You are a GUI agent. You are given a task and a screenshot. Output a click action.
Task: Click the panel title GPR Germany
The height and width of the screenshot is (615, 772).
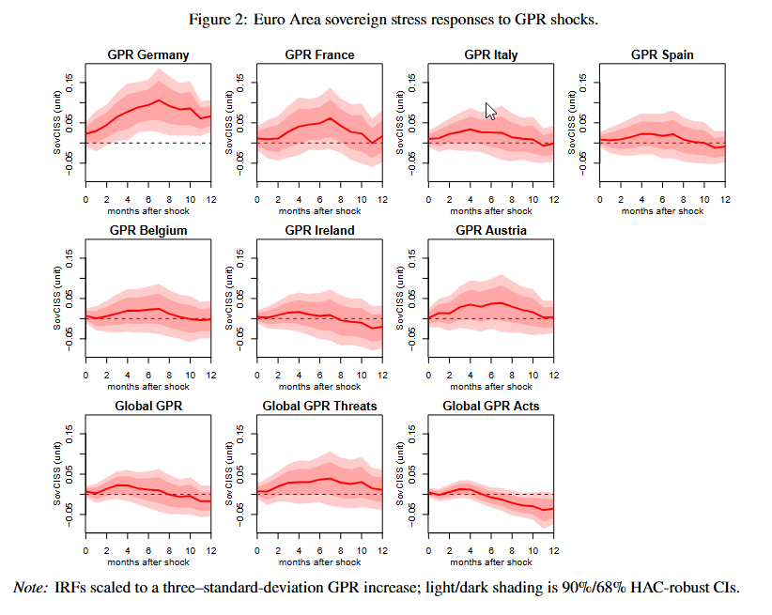pyautogui.click(x=148, y=54)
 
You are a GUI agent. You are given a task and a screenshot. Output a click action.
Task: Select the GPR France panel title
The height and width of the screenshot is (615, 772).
pyautogui.click(x=319, y=54)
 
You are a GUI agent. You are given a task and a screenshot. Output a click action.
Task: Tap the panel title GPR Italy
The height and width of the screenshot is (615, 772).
pyautogui.click(x=490, y=54)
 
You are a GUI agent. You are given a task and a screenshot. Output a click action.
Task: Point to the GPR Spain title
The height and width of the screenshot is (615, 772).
pyautogui.click(x=662, y=54)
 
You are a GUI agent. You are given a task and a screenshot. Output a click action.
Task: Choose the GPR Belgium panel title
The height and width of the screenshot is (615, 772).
pyautogui.click(x=148, y=230)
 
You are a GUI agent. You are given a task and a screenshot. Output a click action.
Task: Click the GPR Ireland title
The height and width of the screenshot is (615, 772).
pyautogui.click(x=319, y=230)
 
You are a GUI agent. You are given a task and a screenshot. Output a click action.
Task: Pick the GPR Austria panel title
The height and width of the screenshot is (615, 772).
pyautogui.click(x=490, y=230)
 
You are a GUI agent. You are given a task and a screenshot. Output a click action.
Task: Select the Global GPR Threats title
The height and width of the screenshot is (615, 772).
pyautogui.click(x=319, y=406)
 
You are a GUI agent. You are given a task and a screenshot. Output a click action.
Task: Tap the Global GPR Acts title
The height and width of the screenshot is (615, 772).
pyautogui.click(x=490, y=406)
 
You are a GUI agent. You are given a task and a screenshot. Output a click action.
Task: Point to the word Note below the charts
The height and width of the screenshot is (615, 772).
pyautogui.click(x=30, y=588)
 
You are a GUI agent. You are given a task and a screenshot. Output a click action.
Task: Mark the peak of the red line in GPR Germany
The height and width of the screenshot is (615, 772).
pyautogui.click(x=160, y=100)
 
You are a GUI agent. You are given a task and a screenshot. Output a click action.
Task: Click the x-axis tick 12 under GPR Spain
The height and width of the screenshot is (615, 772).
pyautogui.click(x=725, y=199)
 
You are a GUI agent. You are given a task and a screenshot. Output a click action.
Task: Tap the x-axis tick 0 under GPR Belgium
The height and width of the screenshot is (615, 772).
pyautogui.click(x=85, y=375)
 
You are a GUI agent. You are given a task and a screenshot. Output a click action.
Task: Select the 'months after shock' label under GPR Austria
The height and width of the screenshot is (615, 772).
pyautogui.click(x=490, y=386)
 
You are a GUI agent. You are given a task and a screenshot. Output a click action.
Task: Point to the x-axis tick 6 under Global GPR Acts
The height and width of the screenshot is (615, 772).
pyautogui.click(x=491, y=550)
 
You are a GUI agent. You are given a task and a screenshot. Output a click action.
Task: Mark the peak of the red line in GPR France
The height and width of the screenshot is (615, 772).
pyautogui.click(x=331, y=117)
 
